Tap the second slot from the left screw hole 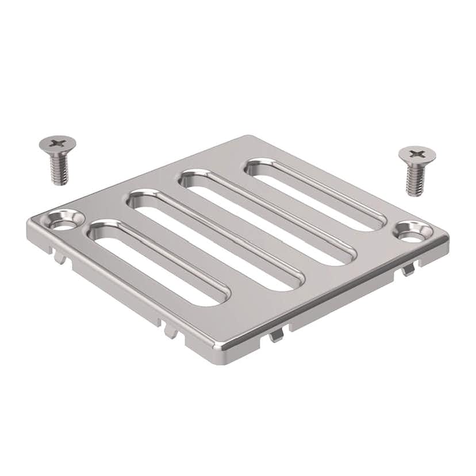(215, 239)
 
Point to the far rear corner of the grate (248, 139)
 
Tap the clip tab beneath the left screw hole (59, 257)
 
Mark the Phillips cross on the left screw (57, 141)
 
